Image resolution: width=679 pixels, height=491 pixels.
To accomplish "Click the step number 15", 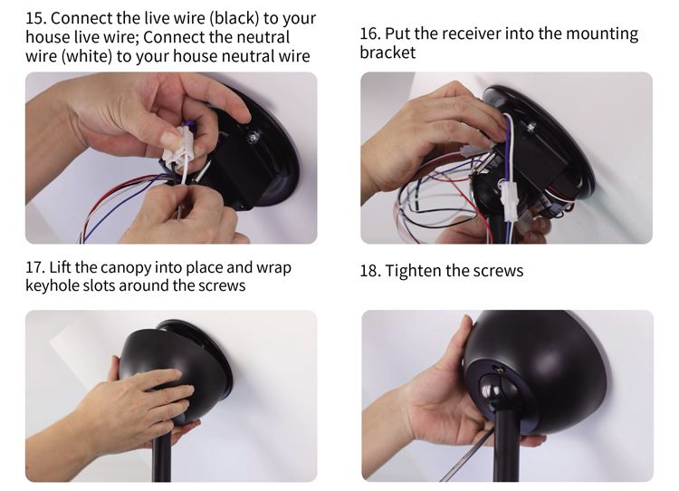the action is click(36, 18).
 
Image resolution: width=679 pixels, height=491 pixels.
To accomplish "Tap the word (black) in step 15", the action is click(236, 18).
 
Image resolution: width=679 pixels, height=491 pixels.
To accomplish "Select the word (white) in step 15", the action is click(87, 56).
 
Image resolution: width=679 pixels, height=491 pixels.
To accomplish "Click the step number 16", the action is click(369, 34).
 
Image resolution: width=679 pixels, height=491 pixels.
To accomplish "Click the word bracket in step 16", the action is click(387, 53).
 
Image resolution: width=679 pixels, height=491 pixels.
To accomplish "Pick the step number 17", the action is click(35, 267).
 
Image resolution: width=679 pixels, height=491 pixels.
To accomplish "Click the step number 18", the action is click(369, 271).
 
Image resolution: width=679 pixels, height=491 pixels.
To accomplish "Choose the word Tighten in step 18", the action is click(413, 271).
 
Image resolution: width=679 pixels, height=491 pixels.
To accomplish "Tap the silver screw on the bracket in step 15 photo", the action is click(252, 138).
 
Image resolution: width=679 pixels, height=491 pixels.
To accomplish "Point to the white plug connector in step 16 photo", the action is click(509, 202).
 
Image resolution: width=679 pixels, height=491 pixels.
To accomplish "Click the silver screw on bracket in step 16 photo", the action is click(531, 126).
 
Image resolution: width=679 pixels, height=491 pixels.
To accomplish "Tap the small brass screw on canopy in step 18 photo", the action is click(501, 371).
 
